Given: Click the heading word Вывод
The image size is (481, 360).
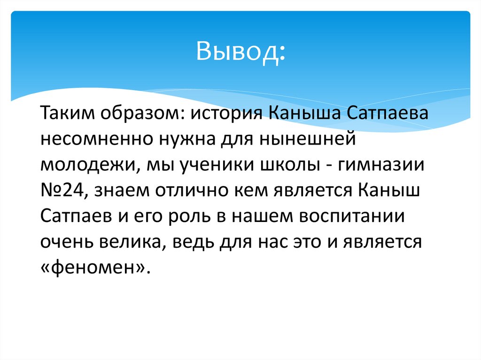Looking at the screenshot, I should [x=240, y=53].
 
